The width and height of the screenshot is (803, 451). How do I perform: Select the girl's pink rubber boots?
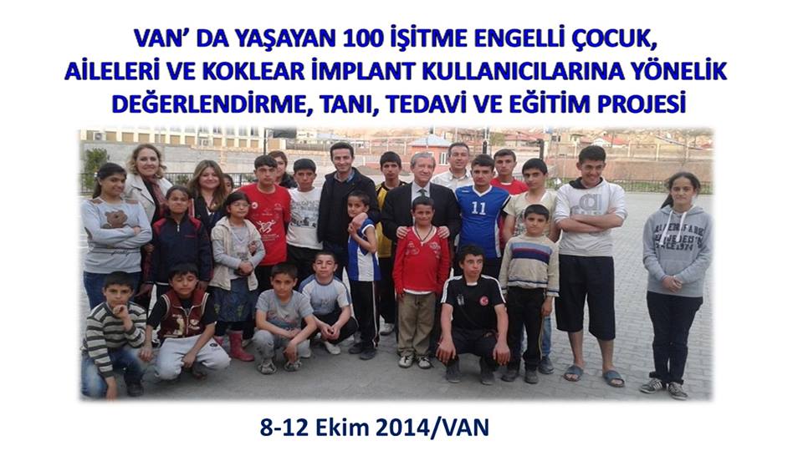click(239, 345)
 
